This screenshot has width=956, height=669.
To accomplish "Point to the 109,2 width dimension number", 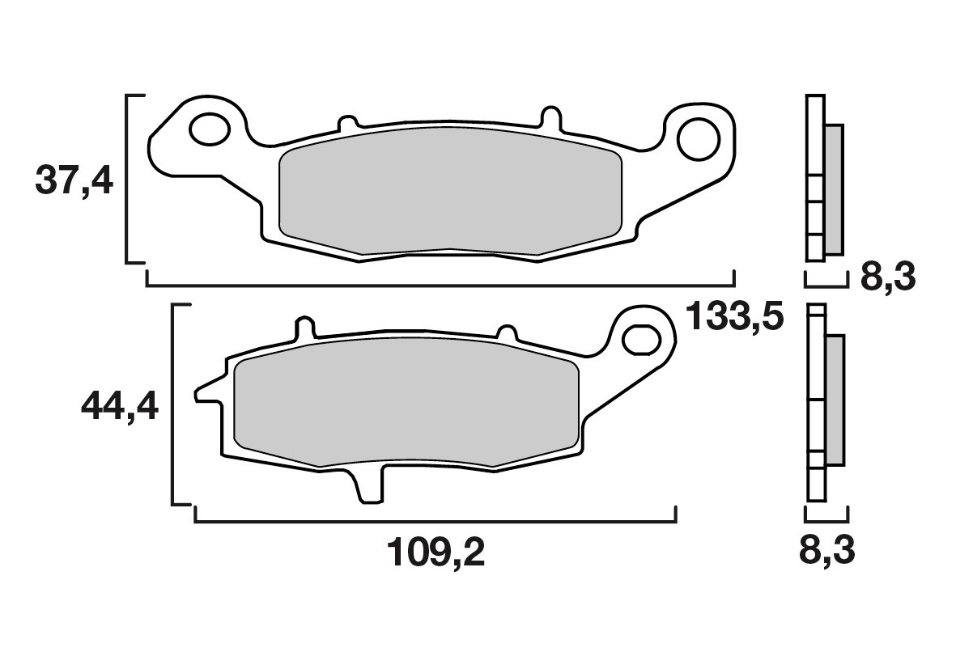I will [x=436, y=553].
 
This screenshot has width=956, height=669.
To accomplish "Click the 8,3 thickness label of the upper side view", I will [x=888, y=277].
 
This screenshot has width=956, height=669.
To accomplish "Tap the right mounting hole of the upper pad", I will [x=699, y=138].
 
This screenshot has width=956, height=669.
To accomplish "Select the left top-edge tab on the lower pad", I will [x=305, y=328].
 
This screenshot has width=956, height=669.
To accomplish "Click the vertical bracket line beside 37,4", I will [x=128, y=178].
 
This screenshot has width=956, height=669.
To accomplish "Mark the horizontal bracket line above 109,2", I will [x=436, y=522].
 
